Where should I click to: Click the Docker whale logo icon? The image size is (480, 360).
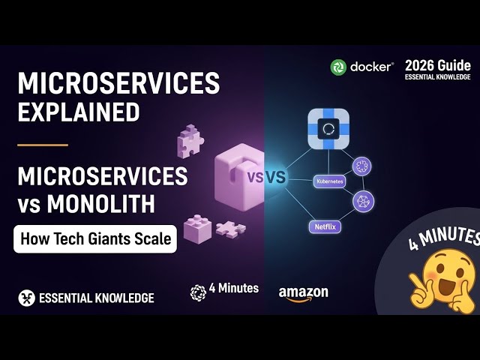click(x=340, y=67)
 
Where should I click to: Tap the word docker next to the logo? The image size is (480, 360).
click(x=371, y=67)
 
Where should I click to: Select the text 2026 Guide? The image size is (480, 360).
click(x=438, y=64)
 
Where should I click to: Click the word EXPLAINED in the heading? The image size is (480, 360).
click(x=79, y=112)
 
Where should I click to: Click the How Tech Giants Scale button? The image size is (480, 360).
click(x=95, y=240)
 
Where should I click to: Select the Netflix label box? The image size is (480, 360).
click(x=325, y=224)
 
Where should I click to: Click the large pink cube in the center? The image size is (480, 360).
click(x=239, y=172)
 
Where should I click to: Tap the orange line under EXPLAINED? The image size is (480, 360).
click(x=43, y=145)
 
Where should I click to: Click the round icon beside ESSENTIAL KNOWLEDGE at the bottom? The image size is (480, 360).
click(x=26, y=298)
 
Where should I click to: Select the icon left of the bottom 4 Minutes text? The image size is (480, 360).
click(x=198, y=292)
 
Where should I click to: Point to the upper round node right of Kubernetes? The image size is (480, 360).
click(x=362, y=166)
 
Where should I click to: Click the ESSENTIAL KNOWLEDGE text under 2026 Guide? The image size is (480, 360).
click(x=438, y=77)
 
